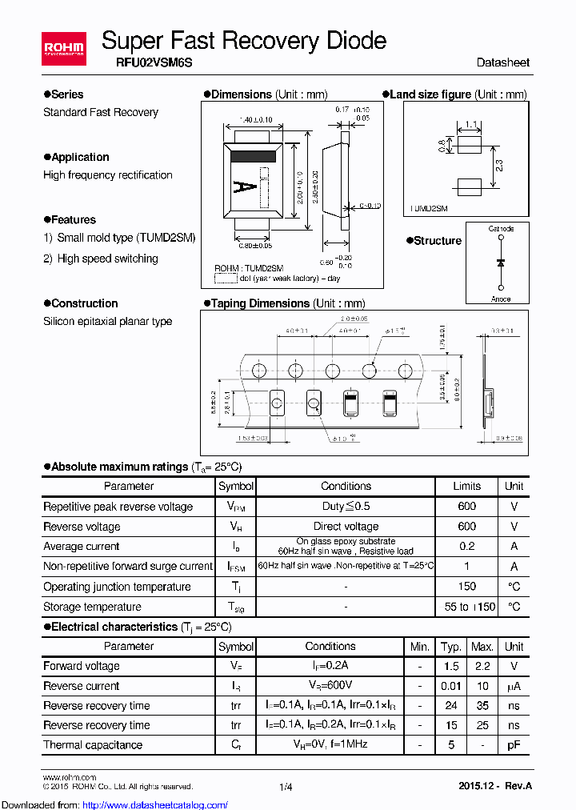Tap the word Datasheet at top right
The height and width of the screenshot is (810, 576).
pos(502,62)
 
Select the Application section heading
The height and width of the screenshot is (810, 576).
pos(80,157)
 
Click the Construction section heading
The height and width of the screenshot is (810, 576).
pos(84,303)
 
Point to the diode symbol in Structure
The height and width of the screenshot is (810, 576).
pos(501,263)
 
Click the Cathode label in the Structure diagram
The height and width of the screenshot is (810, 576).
pos(501,229)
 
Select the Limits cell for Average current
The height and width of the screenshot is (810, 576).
pos(466,546)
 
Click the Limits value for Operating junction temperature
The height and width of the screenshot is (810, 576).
pos(466,587)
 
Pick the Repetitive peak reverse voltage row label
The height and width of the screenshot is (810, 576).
pos(118,507)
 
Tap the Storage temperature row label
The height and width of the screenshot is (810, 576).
pos(92,607)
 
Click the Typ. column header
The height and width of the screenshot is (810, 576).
pos(451,646)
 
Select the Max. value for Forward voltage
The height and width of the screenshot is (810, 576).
pos(482,666)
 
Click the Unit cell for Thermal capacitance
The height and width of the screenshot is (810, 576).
pos(514,744)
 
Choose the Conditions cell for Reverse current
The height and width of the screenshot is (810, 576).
pos(330,686)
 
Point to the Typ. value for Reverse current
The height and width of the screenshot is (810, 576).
pos(451,686)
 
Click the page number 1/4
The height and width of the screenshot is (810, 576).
pos(286,787)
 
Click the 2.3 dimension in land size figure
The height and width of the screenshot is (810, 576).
pos(499,165)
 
